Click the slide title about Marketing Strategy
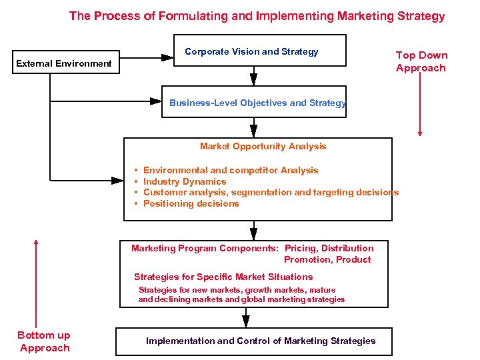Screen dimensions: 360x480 (x=257, y=15)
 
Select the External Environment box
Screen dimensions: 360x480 (x=64, y=64)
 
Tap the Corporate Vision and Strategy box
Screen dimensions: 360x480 (x=251, y=51)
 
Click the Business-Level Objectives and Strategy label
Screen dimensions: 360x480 (x=257, y=103)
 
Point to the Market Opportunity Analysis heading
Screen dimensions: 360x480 (x=263, y=146)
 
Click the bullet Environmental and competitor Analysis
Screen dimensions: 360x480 (x=231, y=170)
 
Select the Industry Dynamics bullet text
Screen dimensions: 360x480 (x=185, y=181)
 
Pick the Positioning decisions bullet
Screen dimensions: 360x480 (x=191, y=203)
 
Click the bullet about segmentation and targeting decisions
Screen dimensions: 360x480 (x=271, y=192)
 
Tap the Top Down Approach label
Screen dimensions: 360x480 (x=421, y=61)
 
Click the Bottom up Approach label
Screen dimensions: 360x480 (x=44, y=341)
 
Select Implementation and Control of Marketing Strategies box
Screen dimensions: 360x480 (x=261, y=341)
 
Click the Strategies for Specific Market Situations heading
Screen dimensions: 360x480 (x=223, y=277)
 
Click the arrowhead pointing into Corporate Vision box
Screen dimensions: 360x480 (x=167, y=57)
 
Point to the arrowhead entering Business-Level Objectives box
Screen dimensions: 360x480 (x=155, y=101)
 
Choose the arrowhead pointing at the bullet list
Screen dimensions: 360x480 (x=117, y=179)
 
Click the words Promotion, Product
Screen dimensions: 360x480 (x=327, y=259)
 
